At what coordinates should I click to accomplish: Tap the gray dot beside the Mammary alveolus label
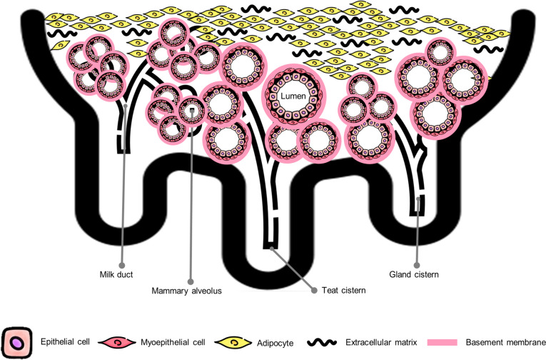click(x=191, y=281)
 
